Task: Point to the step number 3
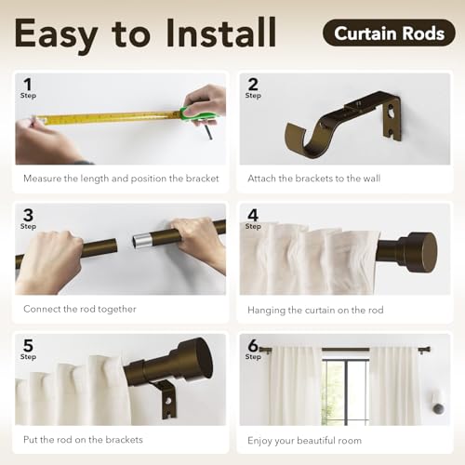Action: (27, 215)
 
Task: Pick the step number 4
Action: (252, 215)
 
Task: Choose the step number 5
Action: (27, 345)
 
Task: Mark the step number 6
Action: (252, 345)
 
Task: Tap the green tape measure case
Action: (198, 116)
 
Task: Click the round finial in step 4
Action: (419, 251)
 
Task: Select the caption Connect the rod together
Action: (80, 309)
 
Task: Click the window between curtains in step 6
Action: (345, 391)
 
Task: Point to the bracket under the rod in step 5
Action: (167, 398)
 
